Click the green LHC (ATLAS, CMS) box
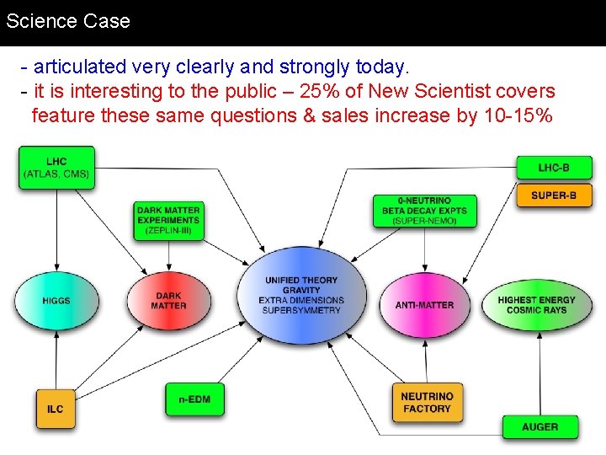(x=56, y=168)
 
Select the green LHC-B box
(x=553, y=168)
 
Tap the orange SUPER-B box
(x=553, y=195)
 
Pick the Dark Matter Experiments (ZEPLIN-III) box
(x=168, y=220)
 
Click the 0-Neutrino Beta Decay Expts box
(x=424, y=211)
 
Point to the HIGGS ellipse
(x=56, y=301)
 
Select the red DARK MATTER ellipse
(x=168, y=301)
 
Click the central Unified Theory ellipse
(x=301, y=295)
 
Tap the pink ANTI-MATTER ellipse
(x=424, y=304)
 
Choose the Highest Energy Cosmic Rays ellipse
(x=536, y=304)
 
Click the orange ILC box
(x=55, y=409)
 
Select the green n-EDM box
(x=194, y=399)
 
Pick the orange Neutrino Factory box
(x=427, y=403)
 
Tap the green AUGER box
(x=540, y=427)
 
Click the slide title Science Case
(x=68, y=21)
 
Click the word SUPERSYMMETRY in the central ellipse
(x=301, y=311)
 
